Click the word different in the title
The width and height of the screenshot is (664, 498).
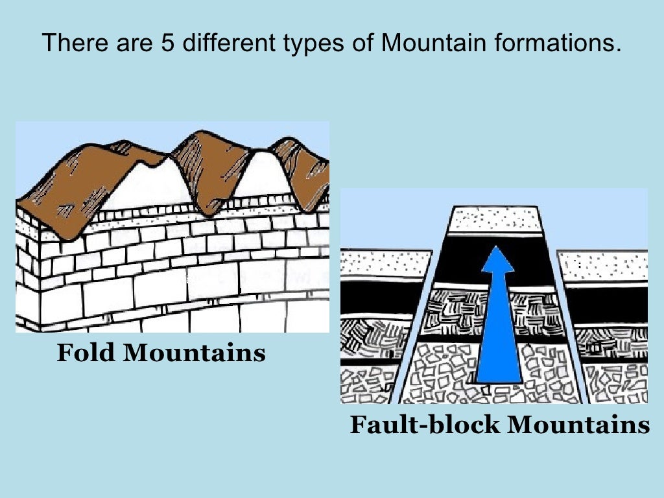point(212,43)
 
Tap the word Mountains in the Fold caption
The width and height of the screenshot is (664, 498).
point(194,353)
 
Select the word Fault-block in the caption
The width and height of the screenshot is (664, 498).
point(425,425)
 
